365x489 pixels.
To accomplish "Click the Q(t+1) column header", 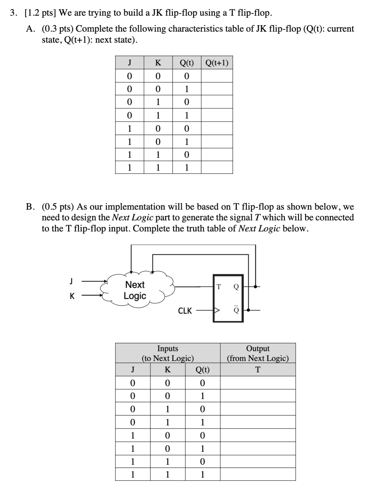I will pyautogui.click(x=217, y=63).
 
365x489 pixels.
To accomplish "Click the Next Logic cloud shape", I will pyautogui.click(x=135, y=290).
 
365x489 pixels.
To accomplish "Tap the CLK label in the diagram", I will pyautogui.click(x=185, y=311).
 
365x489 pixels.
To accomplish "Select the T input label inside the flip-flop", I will pyautogui.click(x=218, y=287).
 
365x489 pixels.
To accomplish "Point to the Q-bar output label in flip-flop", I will pyautogui.click(x=236, y=310).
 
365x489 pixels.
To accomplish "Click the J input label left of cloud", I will pyautogui.click(x=71, y=280).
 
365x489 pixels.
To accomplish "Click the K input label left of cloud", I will pyautogui.click(x=72, y=296).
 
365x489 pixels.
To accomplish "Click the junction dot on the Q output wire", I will pyautogui.click(x=256, y=287).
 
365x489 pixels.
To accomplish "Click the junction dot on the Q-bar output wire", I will pyautogui.click(x=248, y=310).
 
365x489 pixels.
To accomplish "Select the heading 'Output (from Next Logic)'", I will pyautogui.click(x=258, y=353).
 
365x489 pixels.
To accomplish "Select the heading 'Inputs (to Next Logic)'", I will pyautogui.click(x=167, y=353).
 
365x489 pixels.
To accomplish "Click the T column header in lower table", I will pyautogui.click(x=258, y=369).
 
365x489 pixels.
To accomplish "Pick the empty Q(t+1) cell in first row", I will pyautogui.click(x=217, y=76).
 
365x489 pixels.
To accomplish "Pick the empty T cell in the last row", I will pyautogui.click(x=258, y=474).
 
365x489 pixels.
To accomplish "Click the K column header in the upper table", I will pyautogui.click(x=158, y=63).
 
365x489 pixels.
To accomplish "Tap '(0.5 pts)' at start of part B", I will pyautogui.click(x=58, y=206).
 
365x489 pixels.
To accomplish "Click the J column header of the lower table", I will pyautogui.click(x=133, y=369).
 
